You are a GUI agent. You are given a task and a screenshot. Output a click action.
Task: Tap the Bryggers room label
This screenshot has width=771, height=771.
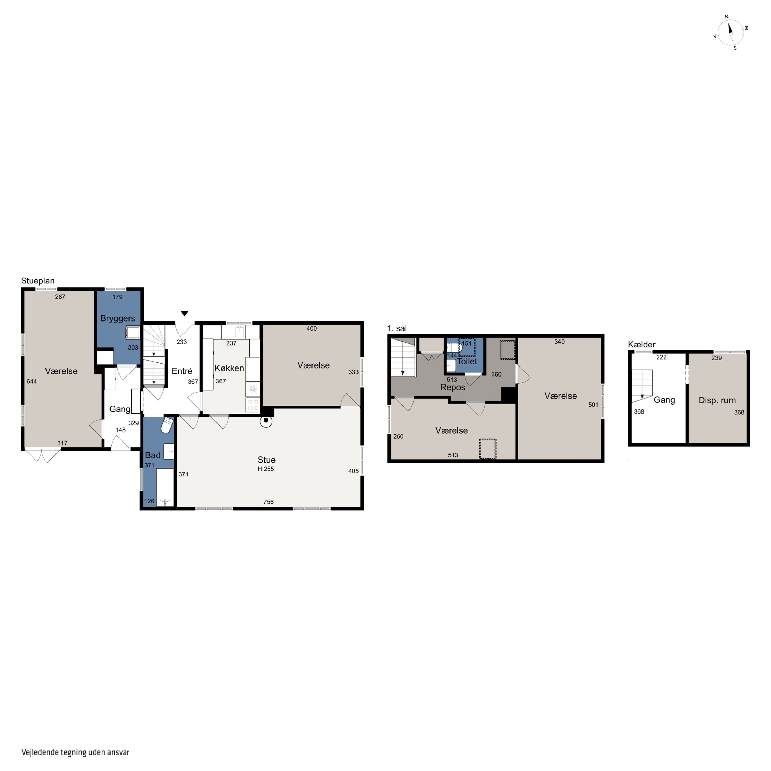click(x=118, y=318)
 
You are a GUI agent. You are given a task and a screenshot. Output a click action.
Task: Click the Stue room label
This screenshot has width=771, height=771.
click(x=267, y=460)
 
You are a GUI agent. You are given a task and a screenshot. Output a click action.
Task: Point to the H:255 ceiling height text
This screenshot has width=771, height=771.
click(x=266, y=469)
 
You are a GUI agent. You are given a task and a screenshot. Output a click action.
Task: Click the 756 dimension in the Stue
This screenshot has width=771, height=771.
click(x=269, y=502)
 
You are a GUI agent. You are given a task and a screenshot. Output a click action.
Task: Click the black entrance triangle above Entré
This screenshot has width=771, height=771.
click(x=184, y=313)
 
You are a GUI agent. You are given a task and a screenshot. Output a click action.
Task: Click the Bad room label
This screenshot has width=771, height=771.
click(x=153, y=455)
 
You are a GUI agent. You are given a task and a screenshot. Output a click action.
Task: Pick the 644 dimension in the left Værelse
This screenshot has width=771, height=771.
click(x=32, y=381)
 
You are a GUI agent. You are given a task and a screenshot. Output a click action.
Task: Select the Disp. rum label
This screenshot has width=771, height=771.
click(x=717, y=400)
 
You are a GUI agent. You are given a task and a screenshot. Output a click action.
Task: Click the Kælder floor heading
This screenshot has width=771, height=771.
click(x=642, y=344)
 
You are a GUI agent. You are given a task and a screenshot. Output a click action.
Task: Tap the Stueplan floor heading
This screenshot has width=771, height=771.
click(x=38, y=281)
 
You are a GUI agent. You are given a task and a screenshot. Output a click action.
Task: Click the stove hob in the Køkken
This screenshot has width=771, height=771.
click(x=253, y=405)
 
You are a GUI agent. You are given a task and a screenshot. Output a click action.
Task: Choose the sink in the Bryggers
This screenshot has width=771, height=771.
click(x=133, y=332)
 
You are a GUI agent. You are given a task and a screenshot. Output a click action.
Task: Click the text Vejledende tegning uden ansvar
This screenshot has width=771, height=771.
click(x=75, y=752)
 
